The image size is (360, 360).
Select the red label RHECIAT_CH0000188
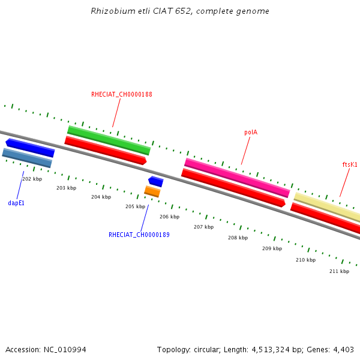122,95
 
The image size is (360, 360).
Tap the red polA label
251,132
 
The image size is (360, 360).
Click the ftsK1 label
350,164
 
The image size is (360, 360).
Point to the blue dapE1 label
16,203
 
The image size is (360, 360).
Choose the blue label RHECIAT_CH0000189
139,235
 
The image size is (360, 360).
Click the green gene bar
109,140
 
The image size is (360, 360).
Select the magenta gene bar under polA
237,178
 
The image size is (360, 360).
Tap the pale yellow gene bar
327,207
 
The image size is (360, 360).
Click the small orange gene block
152,191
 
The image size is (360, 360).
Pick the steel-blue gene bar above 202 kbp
27,158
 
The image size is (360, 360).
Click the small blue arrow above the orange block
156,181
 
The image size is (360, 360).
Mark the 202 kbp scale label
32,179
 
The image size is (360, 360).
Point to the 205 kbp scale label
135,206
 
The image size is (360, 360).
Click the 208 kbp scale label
238,238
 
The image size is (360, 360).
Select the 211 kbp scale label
339,271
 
